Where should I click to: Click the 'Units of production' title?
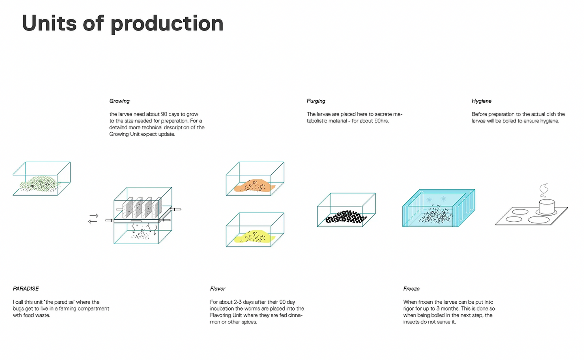tap(122, 24)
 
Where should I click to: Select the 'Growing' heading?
tap(119, 101)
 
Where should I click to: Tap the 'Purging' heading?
tap(316, 101)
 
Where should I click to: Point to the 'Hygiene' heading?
tap(481, 101)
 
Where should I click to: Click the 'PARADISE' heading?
tap(26, 289)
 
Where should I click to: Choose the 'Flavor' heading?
tap(218, 289)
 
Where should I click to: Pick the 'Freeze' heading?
tap(411, 289)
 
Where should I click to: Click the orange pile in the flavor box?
tap(254, 186)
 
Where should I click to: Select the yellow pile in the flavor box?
tap(254, 237)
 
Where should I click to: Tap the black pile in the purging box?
tap(346, 217)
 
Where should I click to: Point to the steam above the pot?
tap(544, 190)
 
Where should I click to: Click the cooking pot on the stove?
tap(547, 206)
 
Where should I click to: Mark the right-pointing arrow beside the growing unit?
tap(94, 216)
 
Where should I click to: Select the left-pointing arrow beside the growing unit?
tap(92, 222)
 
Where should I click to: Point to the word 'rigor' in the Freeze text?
tap(409, 309)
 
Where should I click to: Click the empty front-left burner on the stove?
tap(513, 219)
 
